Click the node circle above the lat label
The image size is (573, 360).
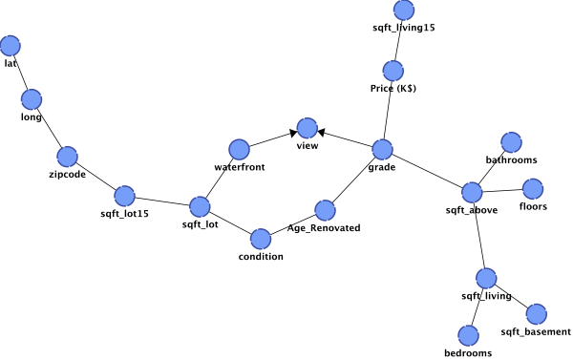(x=11, y=46)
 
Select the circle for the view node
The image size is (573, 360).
(x=308, y=128)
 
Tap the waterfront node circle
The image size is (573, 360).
(x=239, y=150)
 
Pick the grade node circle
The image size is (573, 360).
(x=382, y=150)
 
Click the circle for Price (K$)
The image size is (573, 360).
(x=393, y=71)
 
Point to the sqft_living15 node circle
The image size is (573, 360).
(x=404, y=10)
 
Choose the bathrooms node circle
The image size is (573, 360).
(x=511, y=142)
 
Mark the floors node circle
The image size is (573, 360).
(x=533, y=189)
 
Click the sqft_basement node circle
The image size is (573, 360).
(x=537, y=314)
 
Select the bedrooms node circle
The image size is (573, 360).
(x=468, y=335)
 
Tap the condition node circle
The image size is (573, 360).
(x=261, y=239)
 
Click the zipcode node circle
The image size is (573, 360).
(x=67, y=157)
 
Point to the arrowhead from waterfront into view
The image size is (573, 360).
(x=293, y=134)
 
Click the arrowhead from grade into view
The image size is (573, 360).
(x=322, y=133)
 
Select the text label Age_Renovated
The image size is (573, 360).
(x=324, y=228)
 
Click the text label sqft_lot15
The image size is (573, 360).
(x=124, y=214)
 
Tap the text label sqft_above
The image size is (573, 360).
(x=472, y=210)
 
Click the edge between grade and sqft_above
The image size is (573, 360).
(x=427, y=171)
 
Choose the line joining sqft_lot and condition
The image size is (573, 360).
(x=230, y=222)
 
